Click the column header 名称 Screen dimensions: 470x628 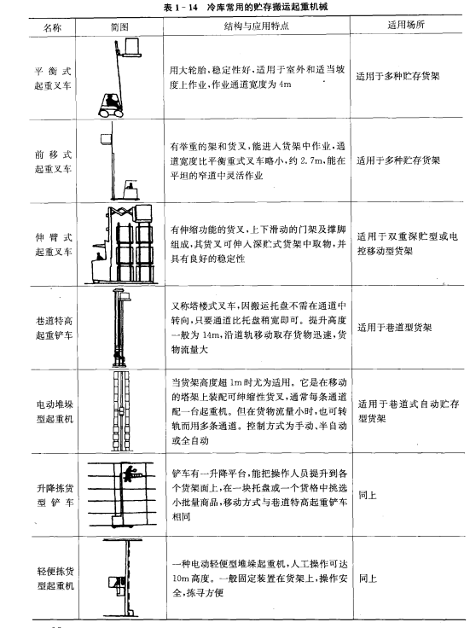click(x=52, y=27)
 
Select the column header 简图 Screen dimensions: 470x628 click(x=119, y=26)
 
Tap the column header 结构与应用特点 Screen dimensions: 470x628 click(x=256, y=26)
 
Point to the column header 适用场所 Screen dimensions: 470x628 click(x=406, y=25)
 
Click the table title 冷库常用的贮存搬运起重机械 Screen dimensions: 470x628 click(x=268, y=7)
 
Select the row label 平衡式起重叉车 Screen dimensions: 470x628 click(x=52, y=78)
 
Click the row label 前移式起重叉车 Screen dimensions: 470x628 click(x=53, y=161)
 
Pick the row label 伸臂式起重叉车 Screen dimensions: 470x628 click(x=54, y=244)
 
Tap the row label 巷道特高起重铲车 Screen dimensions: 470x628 click(x=54, y=328)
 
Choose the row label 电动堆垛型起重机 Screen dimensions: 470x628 click(x=55, y=411)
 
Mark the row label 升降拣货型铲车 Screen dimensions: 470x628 click(x=55, y=495)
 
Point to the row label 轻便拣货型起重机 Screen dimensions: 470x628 click(x=55, y=579)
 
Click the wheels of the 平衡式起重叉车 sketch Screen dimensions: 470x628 click(x=111, y=113)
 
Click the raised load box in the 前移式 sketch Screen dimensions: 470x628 click(x=106, y=139)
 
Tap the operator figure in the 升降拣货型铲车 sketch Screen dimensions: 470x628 click(x=129, y=474)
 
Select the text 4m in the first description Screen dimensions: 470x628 click(x=285, y=84)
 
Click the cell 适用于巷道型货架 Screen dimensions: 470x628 click(x=395, y=328)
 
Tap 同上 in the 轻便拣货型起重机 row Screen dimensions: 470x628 click(x=368, y=578)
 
